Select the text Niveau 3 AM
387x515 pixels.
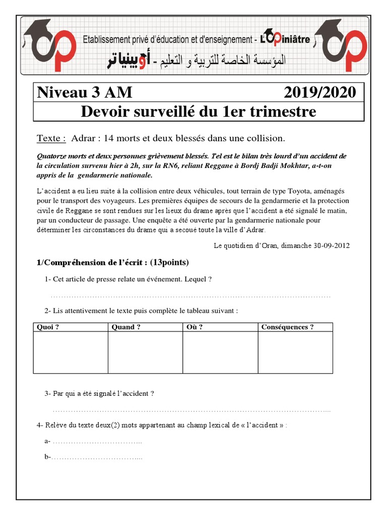point(85,93)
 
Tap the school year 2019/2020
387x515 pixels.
point(319,93)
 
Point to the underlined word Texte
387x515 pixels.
point(51,138)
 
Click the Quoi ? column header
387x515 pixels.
point(48,327)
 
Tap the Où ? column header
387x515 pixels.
point(195,327)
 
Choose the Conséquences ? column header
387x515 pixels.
point(287,327)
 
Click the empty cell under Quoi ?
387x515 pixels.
point(71,352)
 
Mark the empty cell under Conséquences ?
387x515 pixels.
point(295,352)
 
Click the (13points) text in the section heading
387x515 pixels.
point(169,263)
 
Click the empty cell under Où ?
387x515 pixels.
point(220,352)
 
